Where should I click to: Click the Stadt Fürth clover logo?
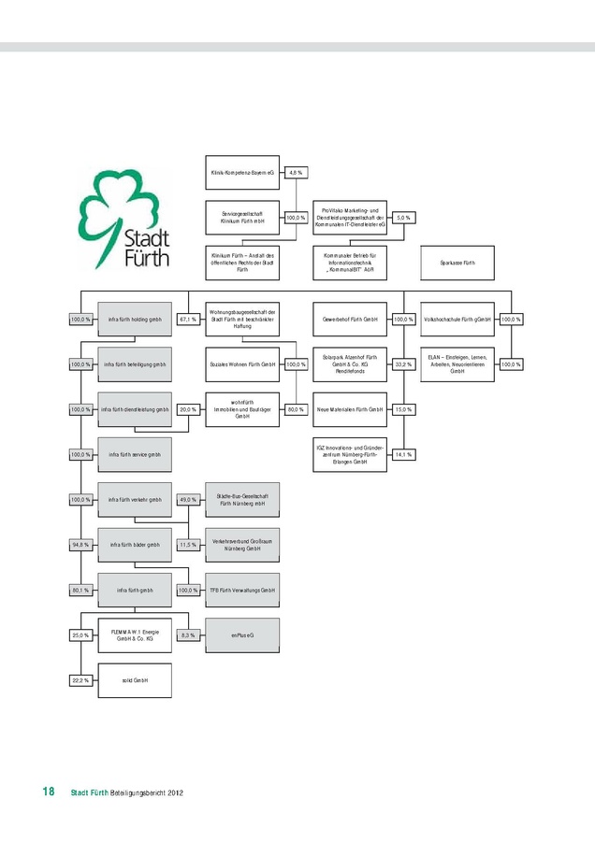pos(123,217)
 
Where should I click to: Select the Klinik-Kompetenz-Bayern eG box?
pos(241,173)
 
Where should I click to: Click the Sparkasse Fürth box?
pos(457,263)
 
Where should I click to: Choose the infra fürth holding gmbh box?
pos(135,320)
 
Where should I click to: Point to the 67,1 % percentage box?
pos(187,320)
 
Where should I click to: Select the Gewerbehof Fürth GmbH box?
pos(349,320)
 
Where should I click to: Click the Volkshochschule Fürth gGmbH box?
pos(457,320)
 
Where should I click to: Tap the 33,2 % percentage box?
pos(403,364)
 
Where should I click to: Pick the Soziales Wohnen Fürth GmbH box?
pos(241,364)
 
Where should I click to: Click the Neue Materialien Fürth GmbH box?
pos(349,409)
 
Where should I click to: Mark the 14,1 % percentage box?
pos(403,455)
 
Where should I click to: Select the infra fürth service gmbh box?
pos(135,455)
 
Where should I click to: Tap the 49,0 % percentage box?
pos(187,500)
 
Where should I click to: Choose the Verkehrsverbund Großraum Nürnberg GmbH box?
pos(241,545)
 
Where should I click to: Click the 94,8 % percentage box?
pos(80,545)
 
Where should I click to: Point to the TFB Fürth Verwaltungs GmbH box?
pos(241,591)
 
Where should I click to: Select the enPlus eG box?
pos(241,635)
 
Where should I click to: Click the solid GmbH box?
pos(135,680)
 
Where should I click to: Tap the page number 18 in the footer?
pos(47,792)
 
